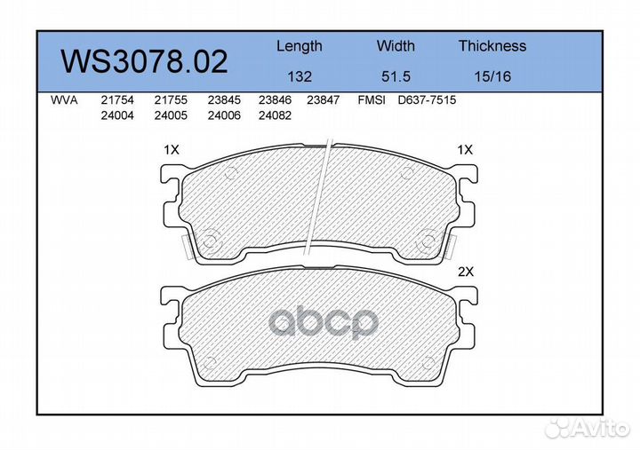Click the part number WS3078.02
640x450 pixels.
coord(144,61)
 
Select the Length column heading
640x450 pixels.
coord(300,46)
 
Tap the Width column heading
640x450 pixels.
coord(396,45)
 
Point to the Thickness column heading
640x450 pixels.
coord(492,45)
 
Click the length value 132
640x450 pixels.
coord(300,76)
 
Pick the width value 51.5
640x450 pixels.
coord(396,76)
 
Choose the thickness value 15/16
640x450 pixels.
coord(492,76)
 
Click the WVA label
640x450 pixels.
coord(64,100)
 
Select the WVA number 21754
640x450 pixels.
coord(117,100)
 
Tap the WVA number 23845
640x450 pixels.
coord(224,100)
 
